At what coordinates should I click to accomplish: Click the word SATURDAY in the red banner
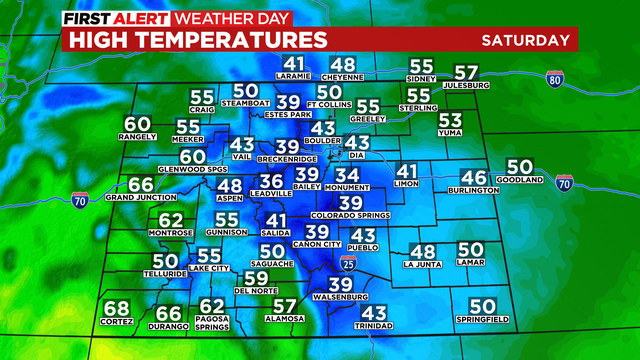click(525, 40)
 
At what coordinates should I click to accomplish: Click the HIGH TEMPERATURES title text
click(196, 40)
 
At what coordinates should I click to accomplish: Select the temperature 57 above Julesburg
click(467, 73)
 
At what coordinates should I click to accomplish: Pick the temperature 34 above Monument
click(347, 176)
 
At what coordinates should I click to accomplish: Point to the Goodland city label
click(520, 180)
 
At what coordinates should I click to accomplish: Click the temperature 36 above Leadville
click(271, 181)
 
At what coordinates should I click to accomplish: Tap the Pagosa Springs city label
click(212, 326)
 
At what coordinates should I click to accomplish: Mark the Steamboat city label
click(246, 103)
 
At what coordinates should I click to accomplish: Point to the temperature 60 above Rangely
click(137, 126)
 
